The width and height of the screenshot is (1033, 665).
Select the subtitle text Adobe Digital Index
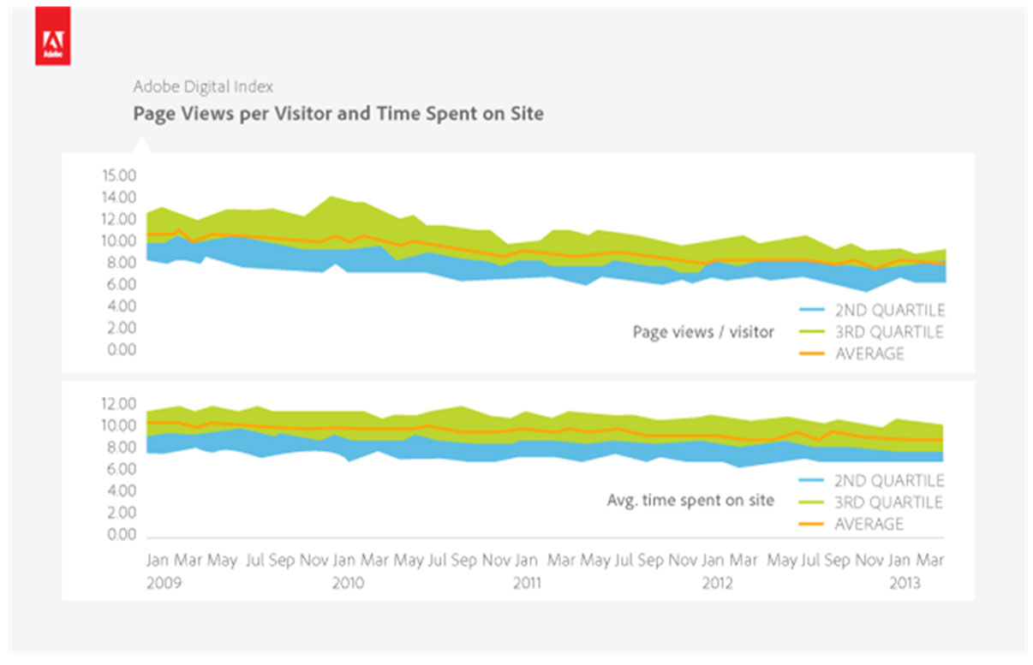[x=203, y=86]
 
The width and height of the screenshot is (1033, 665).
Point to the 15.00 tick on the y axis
[x=118, y=175]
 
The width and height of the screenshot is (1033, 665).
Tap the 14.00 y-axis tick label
[x=118, y=197]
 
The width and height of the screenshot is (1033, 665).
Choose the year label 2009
[x=164, y=583]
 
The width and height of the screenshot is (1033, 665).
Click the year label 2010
[x=347, y=583]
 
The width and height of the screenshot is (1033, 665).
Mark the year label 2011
[x=526, y=583]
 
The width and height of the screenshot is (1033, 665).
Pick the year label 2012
[x=717, y=583]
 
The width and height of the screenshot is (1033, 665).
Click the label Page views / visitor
[x=702, y=332]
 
